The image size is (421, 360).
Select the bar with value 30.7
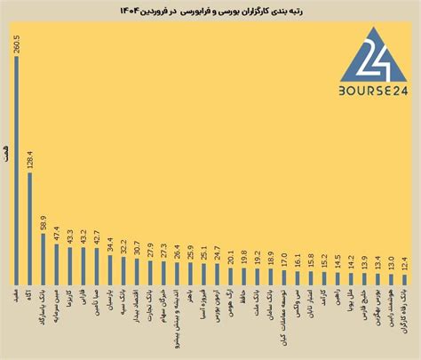click(136, 271)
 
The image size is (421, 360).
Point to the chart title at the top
click(211, 11)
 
